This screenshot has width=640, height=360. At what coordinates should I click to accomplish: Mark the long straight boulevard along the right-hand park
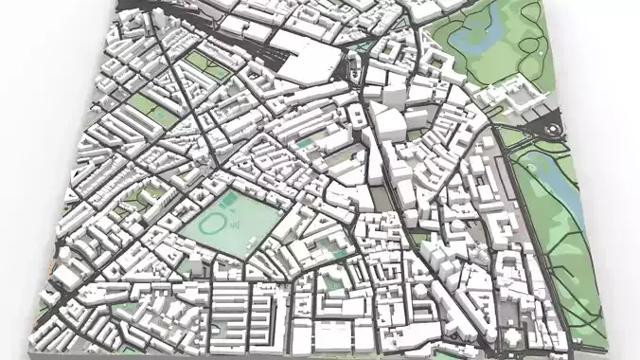pos(526,218)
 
